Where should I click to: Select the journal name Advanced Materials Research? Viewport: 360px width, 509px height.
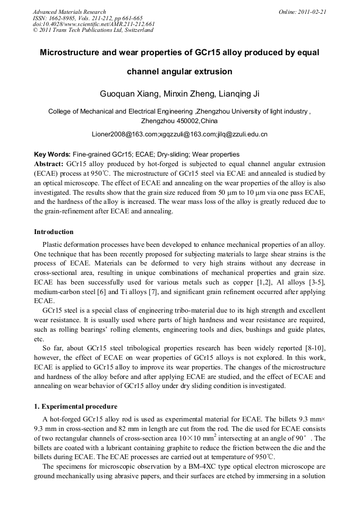[69, 12]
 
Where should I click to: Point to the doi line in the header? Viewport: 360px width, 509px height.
[93, 24]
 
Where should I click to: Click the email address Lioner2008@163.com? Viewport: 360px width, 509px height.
[117, 134]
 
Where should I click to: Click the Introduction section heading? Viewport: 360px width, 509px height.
[54, 232]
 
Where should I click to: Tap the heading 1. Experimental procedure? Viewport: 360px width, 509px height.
[75, 407]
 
